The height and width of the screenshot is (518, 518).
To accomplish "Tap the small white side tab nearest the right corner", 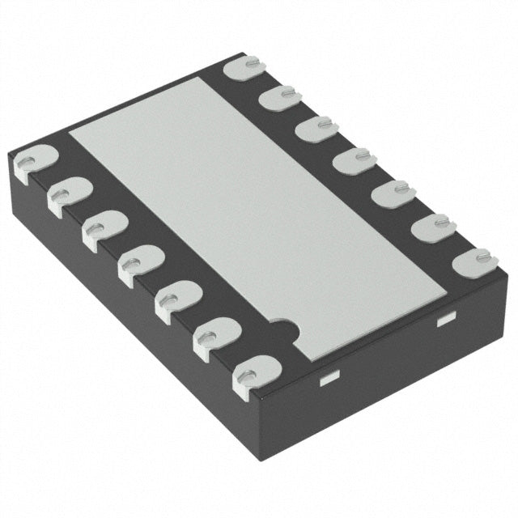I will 444,321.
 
